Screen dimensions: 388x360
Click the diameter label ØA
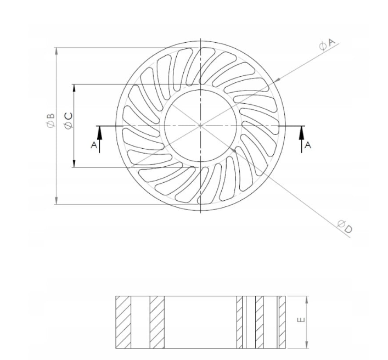pos(327,44)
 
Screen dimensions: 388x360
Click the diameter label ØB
pos(50,121)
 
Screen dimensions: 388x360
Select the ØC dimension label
pos(68,121)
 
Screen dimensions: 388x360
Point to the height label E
pos(301,320)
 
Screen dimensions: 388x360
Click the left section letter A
pos(94,145)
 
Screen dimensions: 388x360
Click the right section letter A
pos(307,145)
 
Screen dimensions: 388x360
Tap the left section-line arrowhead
pos(99,133)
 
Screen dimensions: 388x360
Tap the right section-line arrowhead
pos(302,133)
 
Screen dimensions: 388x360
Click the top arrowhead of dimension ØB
pos(57,51)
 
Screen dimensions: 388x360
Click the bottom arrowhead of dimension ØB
pos(57,200)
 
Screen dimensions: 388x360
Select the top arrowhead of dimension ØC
pos(74,88)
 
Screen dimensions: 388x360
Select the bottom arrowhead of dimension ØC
pos(74,164)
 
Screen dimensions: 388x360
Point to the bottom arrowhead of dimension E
pos(307,345)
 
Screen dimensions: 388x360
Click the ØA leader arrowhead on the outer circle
pos(278,80)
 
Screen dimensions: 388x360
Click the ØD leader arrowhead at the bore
pos(233,150)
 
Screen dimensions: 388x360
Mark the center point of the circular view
pos(200,126)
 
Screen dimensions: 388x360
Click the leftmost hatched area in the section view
pos(123,322)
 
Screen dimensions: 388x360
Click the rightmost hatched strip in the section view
pos(282,322)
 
